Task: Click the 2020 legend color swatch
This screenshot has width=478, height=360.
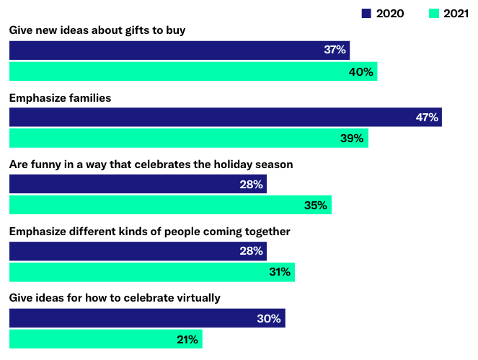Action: point(366,13)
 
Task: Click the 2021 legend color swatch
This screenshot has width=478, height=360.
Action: point(422,13)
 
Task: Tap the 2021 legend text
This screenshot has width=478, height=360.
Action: point(448,13)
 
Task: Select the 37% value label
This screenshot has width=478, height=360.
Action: point(335,51)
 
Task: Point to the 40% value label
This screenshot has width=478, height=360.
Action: point(361,71)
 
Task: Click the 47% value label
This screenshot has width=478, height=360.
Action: point(426,118)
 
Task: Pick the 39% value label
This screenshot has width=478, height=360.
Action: point(352,139)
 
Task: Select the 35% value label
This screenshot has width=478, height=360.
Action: point(316,206)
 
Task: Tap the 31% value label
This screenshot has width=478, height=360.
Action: point(279,272)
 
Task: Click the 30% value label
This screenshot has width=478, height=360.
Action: point(269,318)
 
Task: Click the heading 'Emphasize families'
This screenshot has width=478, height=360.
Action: point(60,97)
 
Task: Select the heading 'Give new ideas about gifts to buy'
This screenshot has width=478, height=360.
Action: point(97,30)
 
